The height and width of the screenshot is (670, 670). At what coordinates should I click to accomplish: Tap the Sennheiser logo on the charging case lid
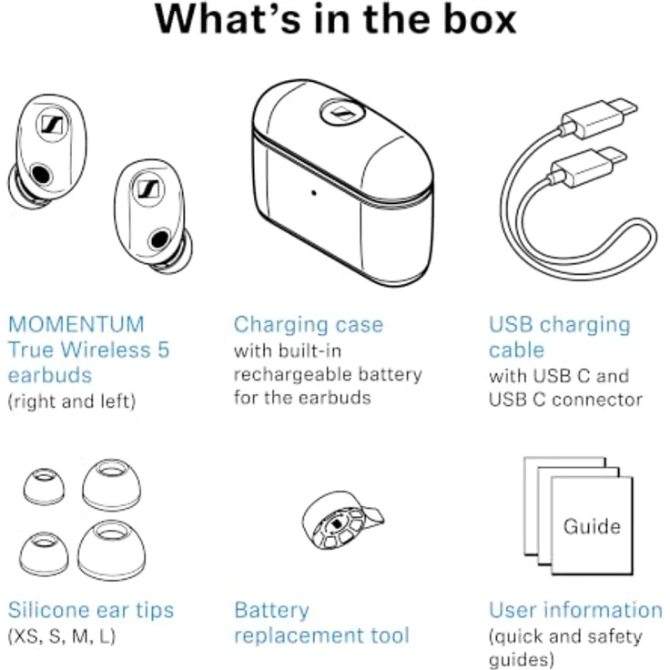342,113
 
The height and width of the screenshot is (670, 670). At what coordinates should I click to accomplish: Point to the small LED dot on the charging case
314,193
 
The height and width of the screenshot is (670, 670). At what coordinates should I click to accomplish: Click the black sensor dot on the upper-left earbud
42,175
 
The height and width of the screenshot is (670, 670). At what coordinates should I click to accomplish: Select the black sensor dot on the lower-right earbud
159,239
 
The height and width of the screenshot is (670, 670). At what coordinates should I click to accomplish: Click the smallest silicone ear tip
44,486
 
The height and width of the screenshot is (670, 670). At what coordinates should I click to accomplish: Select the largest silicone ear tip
111,551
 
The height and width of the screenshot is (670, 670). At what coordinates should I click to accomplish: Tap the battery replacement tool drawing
342,520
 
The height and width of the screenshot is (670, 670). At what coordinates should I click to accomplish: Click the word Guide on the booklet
592,526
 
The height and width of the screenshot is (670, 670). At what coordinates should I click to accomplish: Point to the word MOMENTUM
76,325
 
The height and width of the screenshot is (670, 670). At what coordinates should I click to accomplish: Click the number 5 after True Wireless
164,350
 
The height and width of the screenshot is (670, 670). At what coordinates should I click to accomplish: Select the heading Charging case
308,325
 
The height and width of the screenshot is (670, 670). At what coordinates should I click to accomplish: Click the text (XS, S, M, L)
62,636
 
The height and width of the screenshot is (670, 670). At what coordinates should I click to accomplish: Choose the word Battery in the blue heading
272,611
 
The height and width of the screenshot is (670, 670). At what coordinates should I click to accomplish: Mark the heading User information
575,610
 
